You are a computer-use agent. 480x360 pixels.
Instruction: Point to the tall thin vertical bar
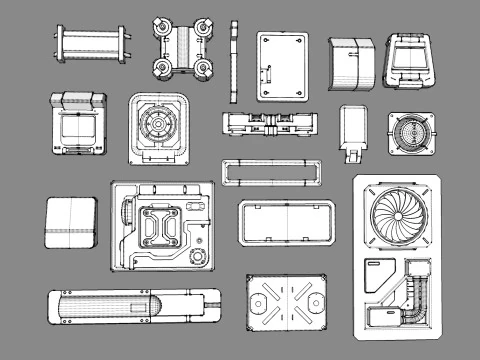click(234, 61)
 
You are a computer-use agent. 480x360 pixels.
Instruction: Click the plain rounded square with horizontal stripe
click(71, 222)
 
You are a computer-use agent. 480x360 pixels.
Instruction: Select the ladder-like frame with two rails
click(91, 45)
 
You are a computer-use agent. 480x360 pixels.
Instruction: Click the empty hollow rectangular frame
click(272, 172)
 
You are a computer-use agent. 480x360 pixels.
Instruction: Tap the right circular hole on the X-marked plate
click(317, 301)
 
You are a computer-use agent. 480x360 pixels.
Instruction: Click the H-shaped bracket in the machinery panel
click(161, 227)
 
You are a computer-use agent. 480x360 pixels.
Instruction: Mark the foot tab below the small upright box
click(351, 155)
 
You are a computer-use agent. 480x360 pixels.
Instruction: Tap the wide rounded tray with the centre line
click(286, 222)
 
